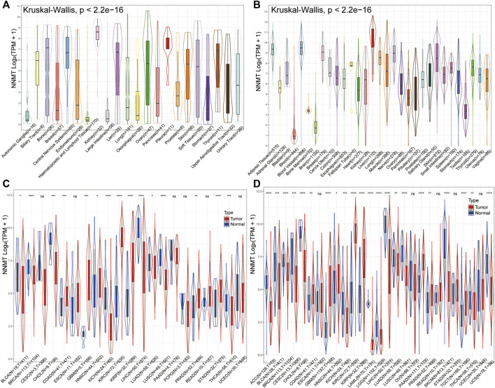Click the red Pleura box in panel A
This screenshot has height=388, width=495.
167,42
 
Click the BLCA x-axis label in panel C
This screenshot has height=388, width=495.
15,367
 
